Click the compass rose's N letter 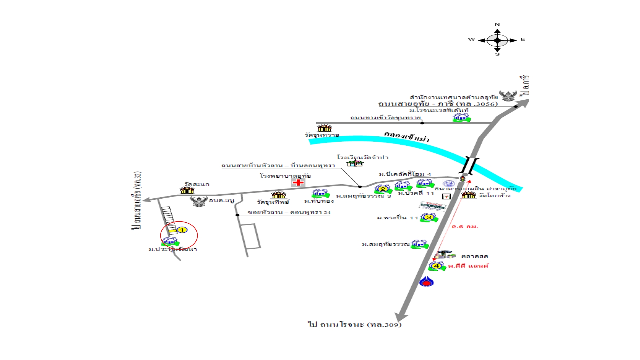pyautogui.click(x=497, y=24)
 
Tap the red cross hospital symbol pyautogui.click(x=298, y=182)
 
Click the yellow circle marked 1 pyautogui.click(x=182, y=230)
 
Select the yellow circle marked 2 pyautogui.click(x=383, y=189)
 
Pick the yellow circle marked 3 pyautogui.click(x=429, y=217)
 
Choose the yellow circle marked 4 pyautogui.click(x=436, y=266)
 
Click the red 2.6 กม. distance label pyautogui.click(x=465, y=227)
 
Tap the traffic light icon pyautogui.click(x=462, y=179)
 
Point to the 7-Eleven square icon pyautogui.click(x=446, y=196)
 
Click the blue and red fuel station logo pyautogui.click(x=426, y=282)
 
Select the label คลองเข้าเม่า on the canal pyautogui.click(x=406, y=136)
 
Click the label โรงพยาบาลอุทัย pyautogui.click(x=285, y=176)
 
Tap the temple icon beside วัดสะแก pyautogui.click(x=187, y=190)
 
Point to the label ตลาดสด pyautogui.click(x=475, y=256)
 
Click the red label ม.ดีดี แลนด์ pyautogui.click(x=468, y=266)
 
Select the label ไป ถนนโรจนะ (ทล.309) pyautogui.click(x=355, y=324)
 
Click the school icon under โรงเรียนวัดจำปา pyautogui.click(x=355, y=163)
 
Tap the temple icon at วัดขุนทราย pyautogui.click(x=324, y=128)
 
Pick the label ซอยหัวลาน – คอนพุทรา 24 pyautogui.click(x=289, y=212)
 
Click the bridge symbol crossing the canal pyautogui.click(x=469, y=166)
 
